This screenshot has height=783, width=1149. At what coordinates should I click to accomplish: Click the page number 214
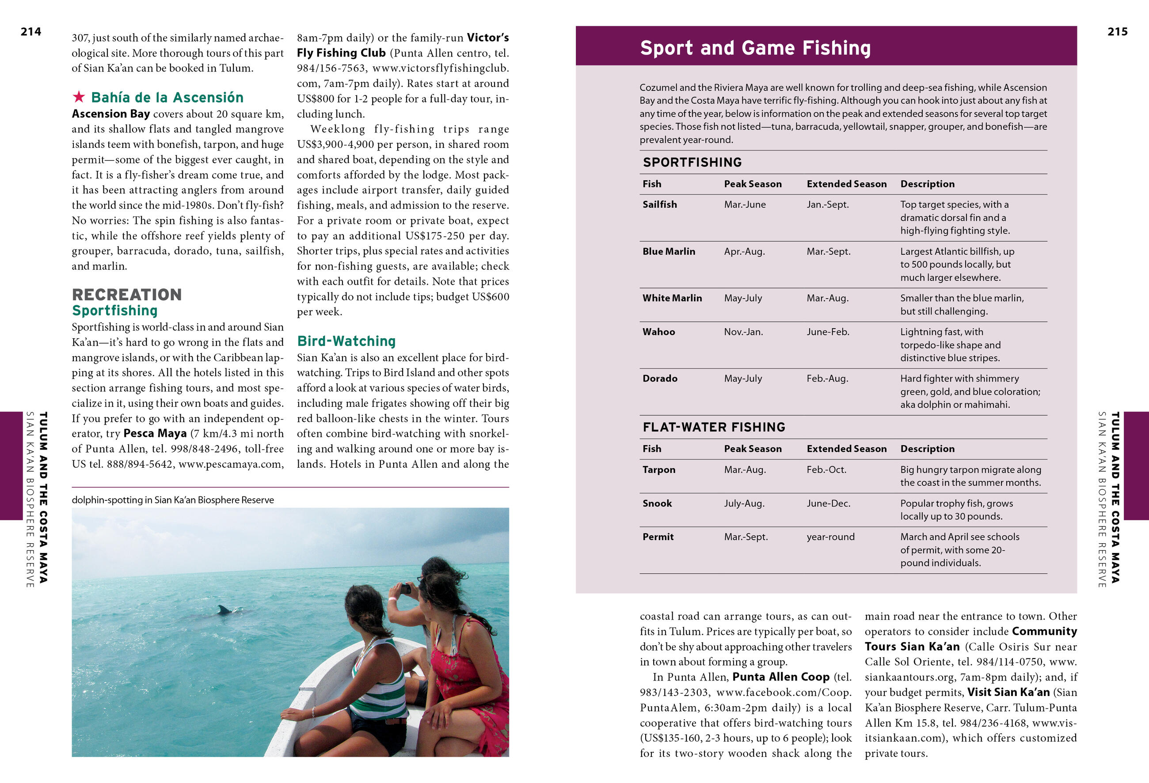[30, 32]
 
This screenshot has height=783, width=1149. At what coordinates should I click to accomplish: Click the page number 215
[1117, 32]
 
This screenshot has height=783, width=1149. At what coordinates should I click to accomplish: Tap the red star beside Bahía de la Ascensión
[79, 96]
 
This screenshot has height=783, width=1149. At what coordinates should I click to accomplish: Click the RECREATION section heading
[127, 295]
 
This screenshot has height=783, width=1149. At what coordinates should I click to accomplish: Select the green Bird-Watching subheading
[346, 341]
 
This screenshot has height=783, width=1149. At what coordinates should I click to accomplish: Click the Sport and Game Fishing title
[755, 48]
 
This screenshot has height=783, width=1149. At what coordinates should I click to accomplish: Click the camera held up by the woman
[405, 588]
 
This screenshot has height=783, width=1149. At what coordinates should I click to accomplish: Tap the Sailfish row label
[659, 204]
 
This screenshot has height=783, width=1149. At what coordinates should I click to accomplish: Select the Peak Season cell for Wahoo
[743, 332]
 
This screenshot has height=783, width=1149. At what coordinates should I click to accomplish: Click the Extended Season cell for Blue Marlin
[828, 251]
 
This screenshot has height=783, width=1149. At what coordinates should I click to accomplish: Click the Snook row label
[657, 503]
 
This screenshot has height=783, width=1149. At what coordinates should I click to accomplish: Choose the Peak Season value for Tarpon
[745, 470]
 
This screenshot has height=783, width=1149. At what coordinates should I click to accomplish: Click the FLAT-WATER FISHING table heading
[713, 427]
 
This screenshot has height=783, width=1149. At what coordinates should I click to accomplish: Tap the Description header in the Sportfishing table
[927, 184]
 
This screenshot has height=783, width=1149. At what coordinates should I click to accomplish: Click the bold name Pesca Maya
[155, 433]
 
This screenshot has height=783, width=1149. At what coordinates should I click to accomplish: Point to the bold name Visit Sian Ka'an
[1008, 692]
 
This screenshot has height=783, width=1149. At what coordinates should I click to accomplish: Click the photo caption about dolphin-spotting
[172, 500]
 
